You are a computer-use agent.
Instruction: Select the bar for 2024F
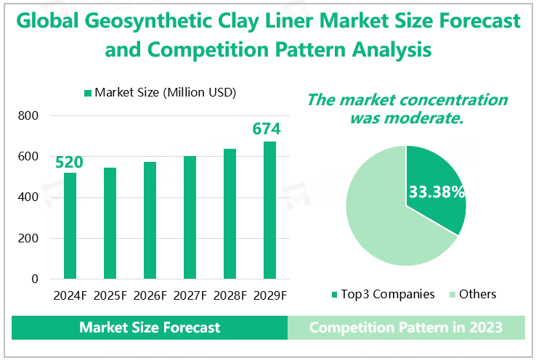pos(70,226)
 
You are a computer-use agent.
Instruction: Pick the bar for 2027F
pos(190,218)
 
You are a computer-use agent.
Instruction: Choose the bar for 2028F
pos(230,214)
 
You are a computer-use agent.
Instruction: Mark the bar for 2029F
pos(269,210)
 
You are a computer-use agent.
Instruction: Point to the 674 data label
pos(266,129)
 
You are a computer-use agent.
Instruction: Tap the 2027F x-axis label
pos(190,295)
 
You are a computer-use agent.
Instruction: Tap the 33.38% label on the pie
pos(436,192)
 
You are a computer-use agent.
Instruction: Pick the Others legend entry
pos(472,294)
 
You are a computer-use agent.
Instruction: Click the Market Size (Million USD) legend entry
pos(160,92)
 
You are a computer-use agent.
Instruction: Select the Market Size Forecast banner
pos(150,327)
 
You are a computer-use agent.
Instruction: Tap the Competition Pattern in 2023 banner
pos(406,327)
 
